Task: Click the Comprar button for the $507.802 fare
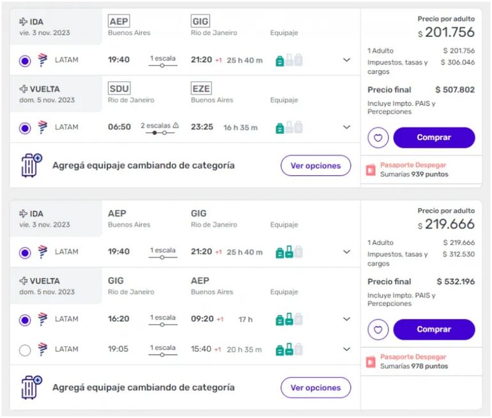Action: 434,137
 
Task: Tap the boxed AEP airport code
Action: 118,22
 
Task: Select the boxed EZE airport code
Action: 201,89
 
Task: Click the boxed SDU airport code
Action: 119,89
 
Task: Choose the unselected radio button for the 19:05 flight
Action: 25,350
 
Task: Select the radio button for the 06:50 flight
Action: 25,128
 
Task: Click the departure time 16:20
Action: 119,319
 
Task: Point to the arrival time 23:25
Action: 202,127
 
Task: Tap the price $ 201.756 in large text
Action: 447,33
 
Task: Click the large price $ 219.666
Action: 447,224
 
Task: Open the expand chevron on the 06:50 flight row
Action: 347,127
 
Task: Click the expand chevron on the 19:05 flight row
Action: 347,350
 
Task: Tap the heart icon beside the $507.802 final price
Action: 378,137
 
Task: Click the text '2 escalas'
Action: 157,125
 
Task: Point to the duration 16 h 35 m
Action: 241,128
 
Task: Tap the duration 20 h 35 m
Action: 244,350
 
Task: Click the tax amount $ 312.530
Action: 459,254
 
